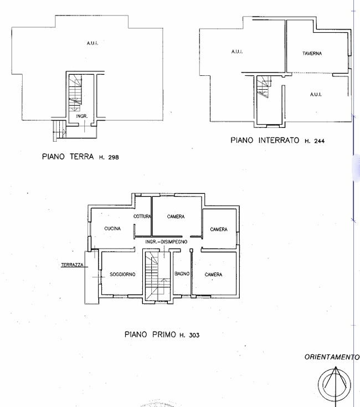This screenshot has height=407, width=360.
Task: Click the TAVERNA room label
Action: tap(312, 54)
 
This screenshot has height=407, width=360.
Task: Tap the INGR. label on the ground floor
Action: tap(82, 116)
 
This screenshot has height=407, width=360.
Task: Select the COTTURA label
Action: tap(142, 216)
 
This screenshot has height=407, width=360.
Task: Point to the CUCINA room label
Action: tap(112, 228)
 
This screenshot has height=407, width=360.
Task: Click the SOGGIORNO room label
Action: tap(122, 274)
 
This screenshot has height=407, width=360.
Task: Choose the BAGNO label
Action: tap(182, 274)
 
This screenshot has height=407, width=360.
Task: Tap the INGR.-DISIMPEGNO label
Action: tap(166, 241)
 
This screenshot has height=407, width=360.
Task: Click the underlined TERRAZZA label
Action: tap(72, 265)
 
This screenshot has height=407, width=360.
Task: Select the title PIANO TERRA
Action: tap(68, 157)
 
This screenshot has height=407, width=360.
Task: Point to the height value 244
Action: tap(319, 141)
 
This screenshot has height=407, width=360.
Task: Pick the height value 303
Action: tap(194, 335)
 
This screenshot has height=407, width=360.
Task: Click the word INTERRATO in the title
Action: tap(279, 141)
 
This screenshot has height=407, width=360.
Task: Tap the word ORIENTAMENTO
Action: tap(332, 357)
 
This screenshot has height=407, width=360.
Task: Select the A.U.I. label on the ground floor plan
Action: tap(92, 43)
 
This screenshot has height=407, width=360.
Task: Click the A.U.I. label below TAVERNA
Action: tap(316, 95)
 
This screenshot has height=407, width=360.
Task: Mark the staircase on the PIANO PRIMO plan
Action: tap(157, 276)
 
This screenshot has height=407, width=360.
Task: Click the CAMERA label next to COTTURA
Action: tap(176, 217)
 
